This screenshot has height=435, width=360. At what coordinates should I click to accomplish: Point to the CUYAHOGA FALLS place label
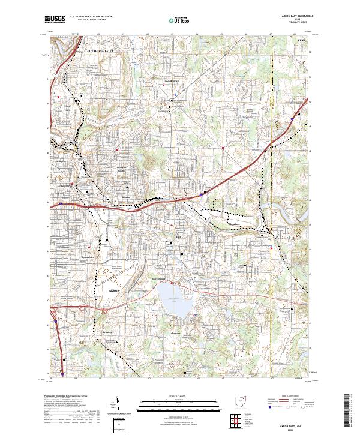[x=105, y=52]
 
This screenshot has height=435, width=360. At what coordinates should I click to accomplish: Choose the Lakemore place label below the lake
[x=176, y=334]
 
